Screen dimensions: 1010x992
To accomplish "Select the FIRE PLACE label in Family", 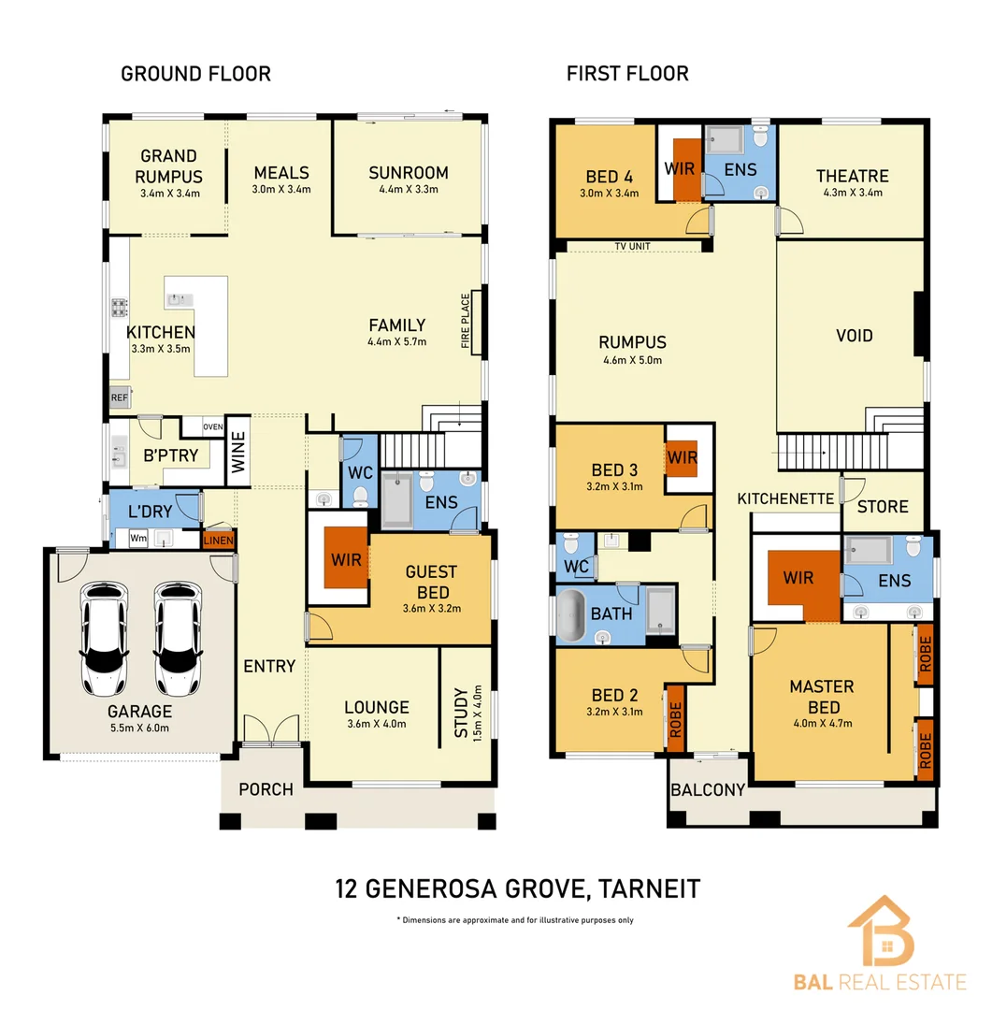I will (x=466, y=322).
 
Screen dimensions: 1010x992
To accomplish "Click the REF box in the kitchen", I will (x=119, y=397).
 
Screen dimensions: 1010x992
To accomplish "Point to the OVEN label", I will (x=213, y=427).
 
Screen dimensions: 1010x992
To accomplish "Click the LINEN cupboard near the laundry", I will (x=219, y=541).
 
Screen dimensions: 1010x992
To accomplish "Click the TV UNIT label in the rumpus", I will (x=632, y=247).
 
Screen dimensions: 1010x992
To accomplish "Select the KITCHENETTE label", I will (x=785, y=499).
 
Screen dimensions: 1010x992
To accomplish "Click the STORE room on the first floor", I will (x=882, y=506).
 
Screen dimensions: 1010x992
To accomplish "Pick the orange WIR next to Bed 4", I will (x=686, y=169).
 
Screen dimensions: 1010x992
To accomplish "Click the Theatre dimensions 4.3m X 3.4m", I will (x=851, y=194).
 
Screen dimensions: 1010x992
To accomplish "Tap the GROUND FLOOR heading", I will (x=195, y=74).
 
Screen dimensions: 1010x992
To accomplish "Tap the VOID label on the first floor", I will (x=855, y=335).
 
